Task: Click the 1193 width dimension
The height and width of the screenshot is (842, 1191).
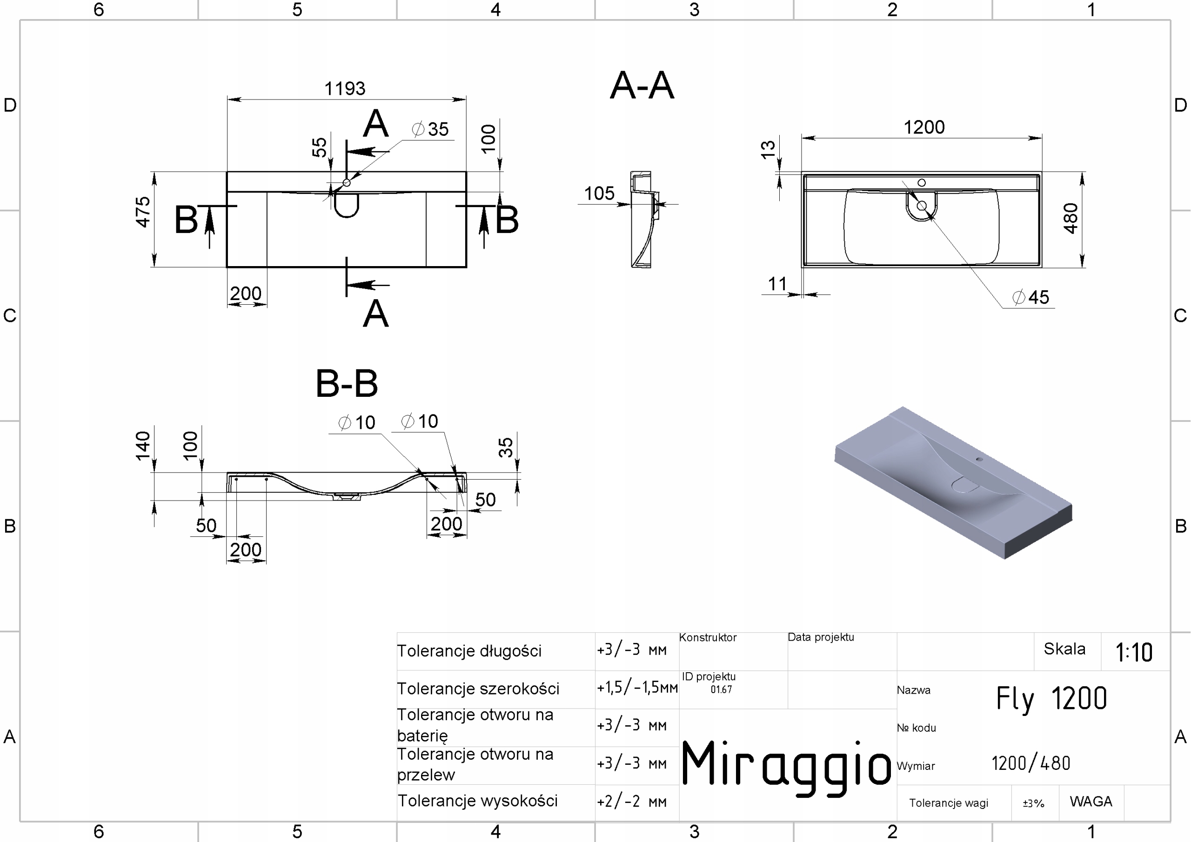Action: [x=344, y=89]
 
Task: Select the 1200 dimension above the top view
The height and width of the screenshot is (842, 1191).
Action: [x=924, y=127]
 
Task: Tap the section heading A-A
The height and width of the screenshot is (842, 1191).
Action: [x=642, y=86]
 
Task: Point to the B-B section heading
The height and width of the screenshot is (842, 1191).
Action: [x=347, y=384]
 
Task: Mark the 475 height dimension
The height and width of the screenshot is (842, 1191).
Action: [x=143, y=212]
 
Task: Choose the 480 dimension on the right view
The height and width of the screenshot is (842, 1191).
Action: [x=1071, y=219]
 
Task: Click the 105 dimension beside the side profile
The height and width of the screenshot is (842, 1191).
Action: [x=599, y=194]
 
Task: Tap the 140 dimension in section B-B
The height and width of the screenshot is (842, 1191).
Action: [x=143, y=446]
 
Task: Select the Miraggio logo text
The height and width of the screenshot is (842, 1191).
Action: [x=785, y=765]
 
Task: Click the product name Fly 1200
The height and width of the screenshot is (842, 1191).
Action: [x=1051, y=698]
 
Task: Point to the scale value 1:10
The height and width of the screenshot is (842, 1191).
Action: [x=1134, y=652]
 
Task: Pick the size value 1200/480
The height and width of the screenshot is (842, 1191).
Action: [x=1030, y=763]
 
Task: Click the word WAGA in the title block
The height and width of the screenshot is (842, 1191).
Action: [x=1091, y=802]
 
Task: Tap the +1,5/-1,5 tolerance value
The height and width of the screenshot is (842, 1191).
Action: [x=637, y=688]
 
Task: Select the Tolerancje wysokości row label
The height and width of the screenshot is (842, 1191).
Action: [x=477, y=801]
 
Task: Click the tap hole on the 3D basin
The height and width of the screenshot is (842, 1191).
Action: [x=979, y=459]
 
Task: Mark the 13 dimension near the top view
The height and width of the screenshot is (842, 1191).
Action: [x=768, y=149]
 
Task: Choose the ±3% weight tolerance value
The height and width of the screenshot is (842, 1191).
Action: [x=1033, y=803]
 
